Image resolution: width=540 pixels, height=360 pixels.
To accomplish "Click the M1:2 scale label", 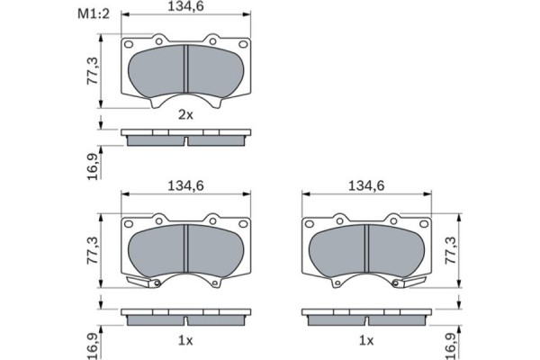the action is (x=94, y=13).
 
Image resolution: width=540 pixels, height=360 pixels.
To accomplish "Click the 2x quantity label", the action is (x=185, y=114).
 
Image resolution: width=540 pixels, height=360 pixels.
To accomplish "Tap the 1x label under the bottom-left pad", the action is (x=185, y=341).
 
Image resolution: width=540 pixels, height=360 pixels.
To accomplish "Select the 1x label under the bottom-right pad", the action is (x=366, y=341).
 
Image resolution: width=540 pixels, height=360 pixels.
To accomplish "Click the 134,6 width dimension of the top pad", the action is (x=185, y=6).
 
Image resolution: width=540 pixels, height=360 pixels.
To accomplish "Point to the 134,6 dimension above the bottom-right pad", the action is (x=366, y=185).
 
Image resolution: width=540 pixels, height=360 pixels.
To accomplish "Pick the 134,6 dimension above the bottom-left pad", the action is (x=185, y=185).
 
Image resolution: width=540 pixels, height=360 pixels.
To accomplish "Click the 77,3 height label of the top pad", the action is (x=93, y=71).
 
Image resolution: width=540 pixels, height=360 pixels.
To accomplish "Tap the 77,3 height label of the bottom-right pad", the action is (x=451, y=250).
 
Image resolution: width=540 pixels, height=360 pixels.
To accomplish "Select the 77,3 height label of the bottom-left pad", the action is (x=93, y=250).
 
